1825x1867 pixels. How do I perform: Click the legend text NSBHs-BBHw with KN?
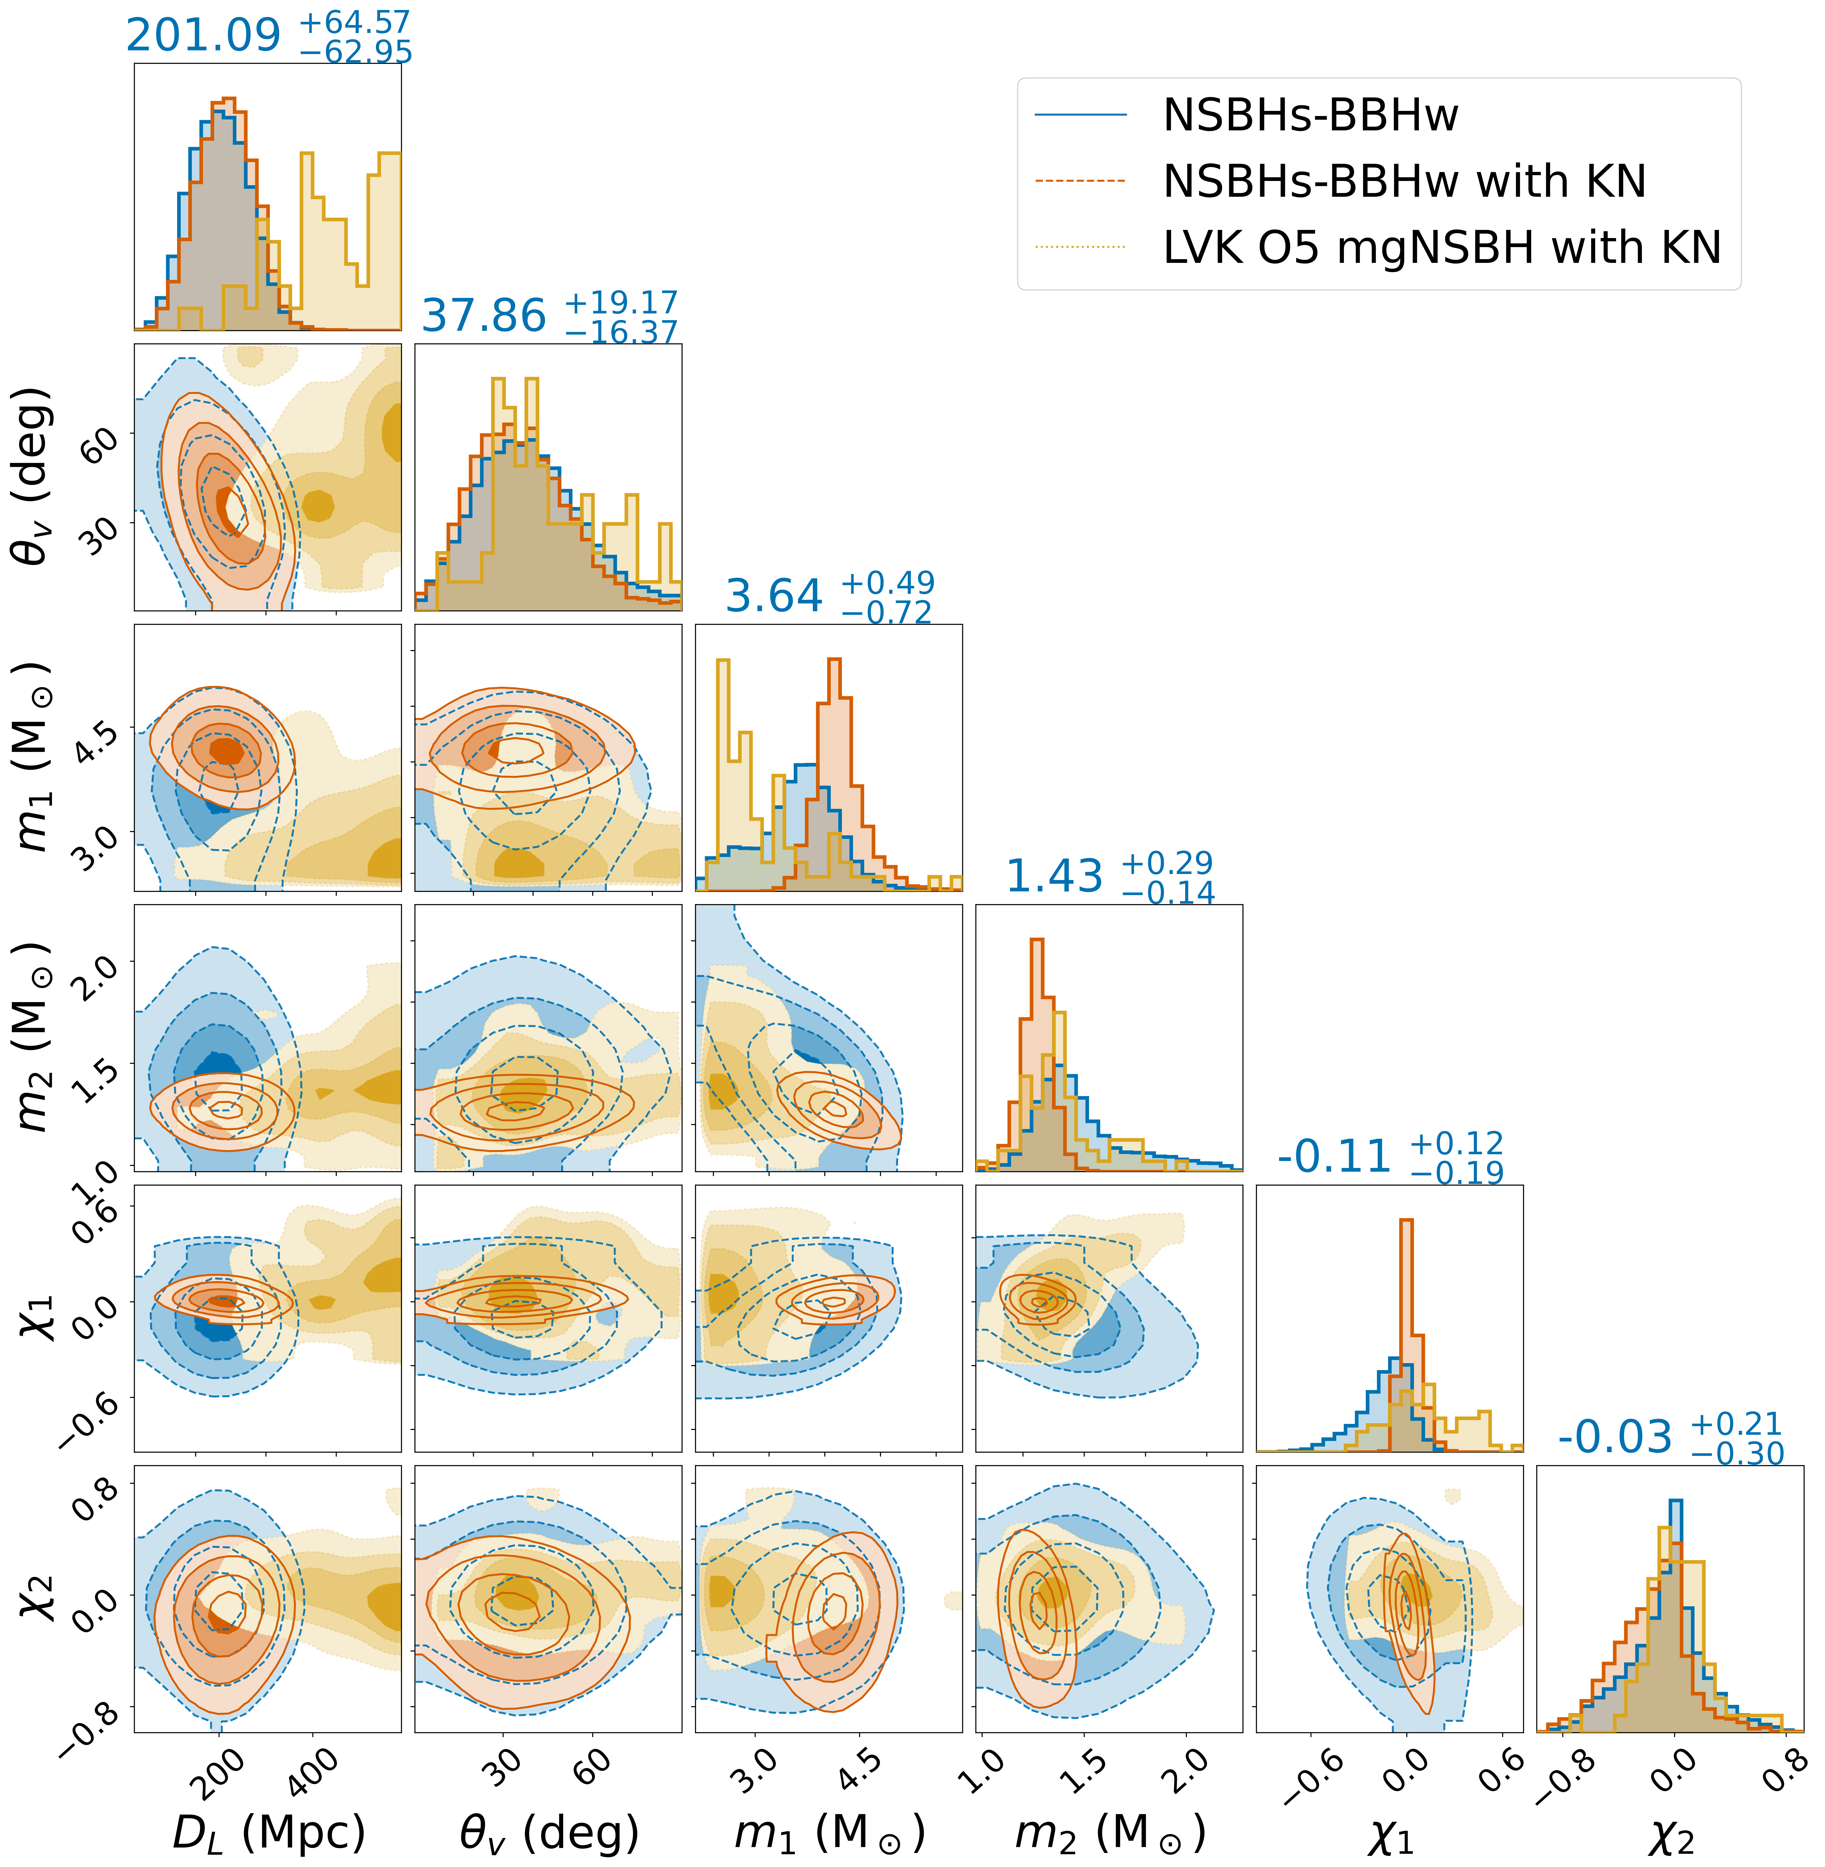pos(1404,181)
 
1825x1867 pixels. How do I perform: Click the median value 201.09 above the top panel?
pos(203,36)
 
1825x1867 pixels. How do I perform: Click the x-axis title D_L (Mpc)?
pos(268,1832)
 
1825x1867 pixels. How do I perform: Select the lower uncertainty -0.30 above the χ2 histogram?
pos(1737,1454)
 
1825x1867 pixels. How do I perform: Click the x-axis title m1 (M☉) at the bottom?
pos(829,1832)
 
